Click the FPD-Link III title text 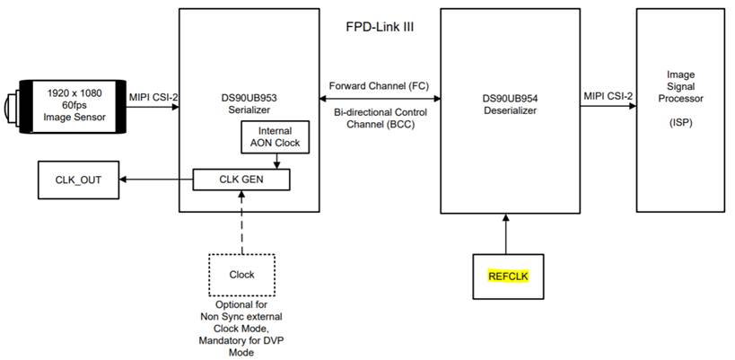pyautogui.click(x=380, y=27)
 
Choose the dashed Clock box pyautogui.click(x=241, y=274)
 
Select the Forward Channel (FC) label pyautogui.click(x=380, y=86)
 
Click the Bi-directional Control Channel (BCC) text pyautogui.click(x=380, y=119)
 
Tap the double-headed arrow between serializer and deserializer pyautogui.click(x=380, y=99)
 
